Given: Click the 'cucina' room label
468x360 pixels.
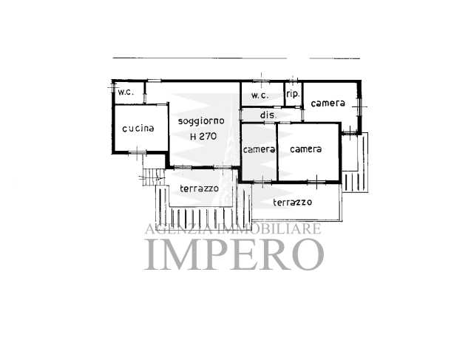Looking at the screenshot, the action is click(138, 129).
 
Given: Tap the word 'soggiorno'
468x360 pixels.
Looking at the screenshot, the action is click(201, 121).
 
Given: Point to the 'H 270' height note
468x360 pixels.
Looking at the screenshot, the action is click(203, 137).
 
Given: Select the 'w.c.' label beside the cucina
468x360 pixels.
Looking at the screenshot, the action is click(126, 92).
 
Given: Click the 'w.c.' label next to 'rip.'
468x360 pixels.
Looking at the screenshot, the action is click(260, 95).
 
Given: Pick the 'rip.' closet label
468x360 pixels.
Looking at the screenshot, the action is click(293, 95).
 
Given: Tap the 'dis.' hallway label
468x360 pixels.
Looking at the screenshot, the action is click(268, 115).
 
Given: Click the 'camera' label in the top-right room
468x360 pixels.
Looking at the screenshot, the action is click(328, 103).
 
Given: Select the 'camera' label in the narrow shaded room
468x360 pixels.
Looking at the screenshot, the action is click(259, 149).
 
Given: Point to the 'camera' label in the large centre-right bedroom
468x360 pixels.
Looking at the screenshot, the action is click(306, 149).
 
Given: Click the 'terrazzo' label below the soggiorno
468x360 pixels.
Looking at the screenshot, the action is click(199, 189).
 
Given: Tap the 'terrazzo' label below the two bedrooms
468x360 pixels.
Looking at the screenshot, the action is click(293, 203).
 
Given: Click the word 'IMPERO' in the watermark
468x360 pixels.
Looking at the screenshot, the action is click(234, 254).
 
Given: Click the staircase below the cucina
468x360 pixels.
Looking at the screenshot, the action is click(153, 177).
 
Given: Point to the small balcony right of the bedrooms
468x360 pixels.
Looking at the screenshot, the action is click(355, 163).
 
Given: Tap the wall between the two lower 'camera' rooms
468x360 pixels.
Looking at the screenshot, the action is click(277, 152).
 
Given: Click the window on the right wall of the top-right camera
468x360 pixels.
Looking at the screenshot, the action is click(359, 107).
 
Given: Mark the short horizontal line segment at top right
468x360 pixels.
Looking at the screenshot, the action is click(335, 58).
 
